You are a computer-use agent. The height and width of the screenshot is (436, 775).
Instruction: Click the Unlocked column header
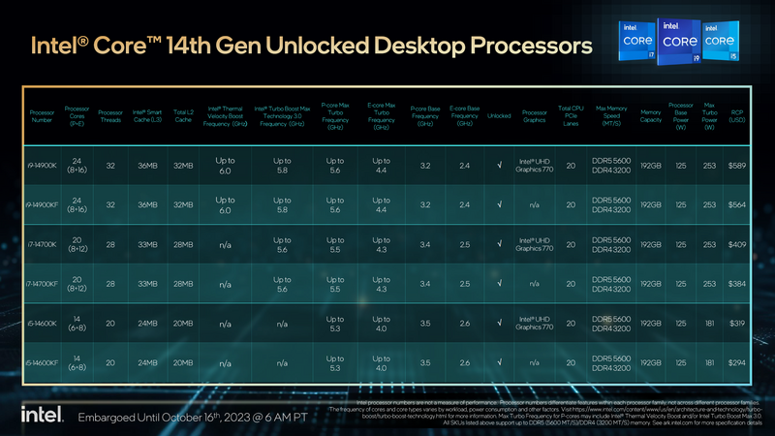pyautogui.click(x=499, y=115)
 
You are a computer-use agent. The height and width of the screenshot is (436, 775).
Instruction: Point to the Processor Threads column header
pyautogui.click(x=110, y=115)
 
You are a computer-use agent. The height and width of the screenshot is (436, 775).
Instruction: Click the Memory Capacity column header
pyautogui.click(x=650, y=115)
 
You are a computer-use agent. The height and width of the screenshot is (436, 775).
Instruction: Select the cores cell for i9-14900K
pyautogui.click(x=77, y=166)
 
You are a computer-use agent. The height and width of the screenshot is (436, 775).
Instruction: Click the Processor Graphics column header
pyautogui.click(x=535, y=115)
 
